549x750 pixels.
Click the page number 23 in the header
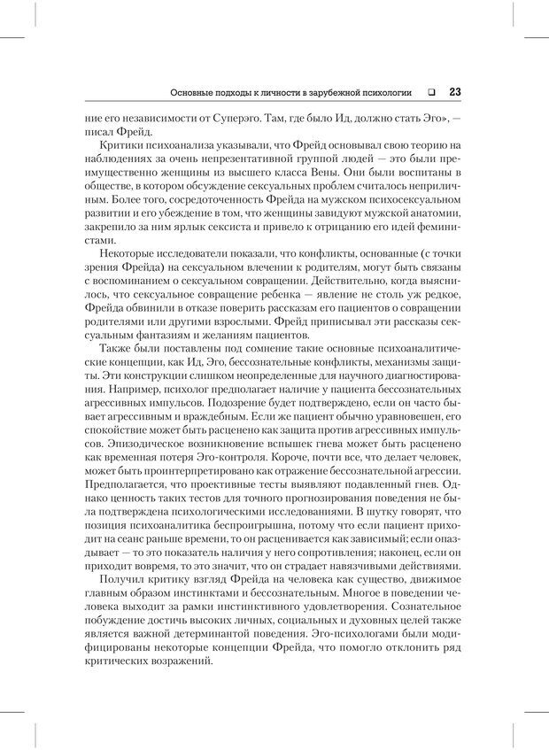(452, 91)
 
